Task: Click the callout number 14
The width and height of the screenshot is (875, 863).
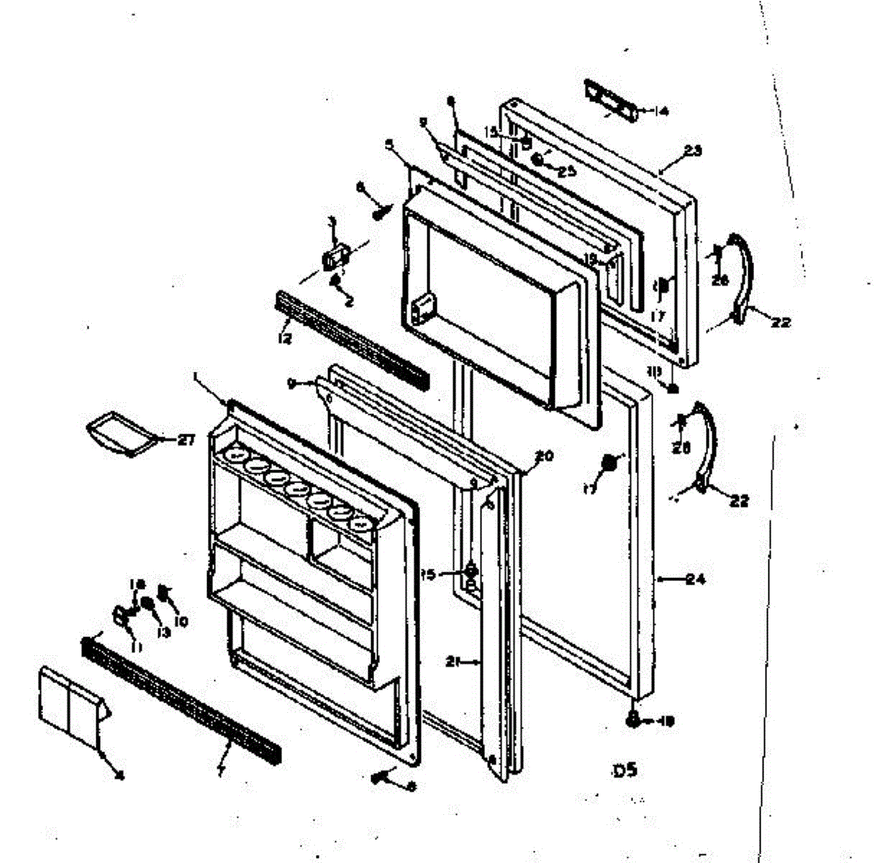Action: click(x=661, y=112)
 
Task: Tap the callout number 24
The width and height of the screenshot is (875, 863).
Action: click(x=696, y=580)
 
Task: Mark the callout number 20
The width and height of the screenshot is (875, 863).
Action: click(x=544, y=457)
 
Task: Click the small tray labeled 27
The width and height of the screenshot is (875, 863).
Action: click(x=120, y=436)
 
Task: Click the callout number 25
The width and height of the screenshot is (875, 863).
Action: click(x=567, y=171)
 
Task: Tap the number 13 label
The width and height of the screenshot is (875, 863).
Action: click(x=162, y=633)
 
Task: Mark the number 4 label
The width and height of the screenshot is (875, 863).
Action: click(x=119, y=776)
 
